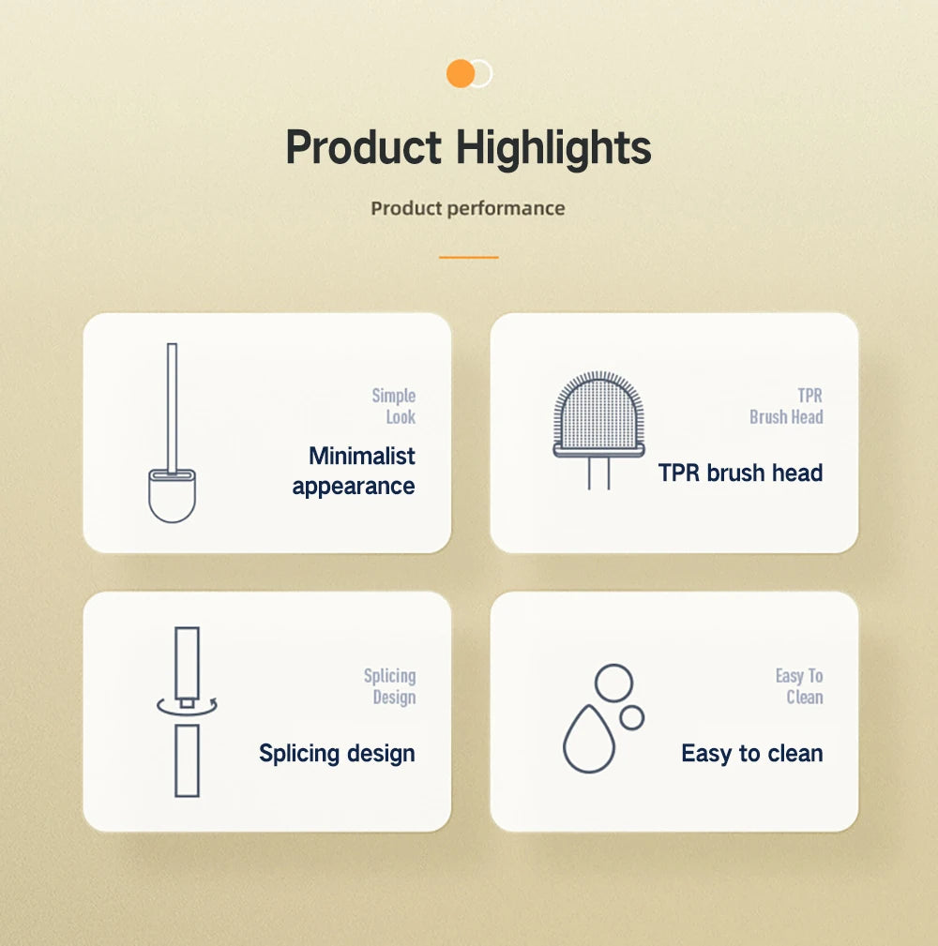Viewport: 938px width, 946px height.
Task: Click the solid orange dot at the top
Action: click(460, 73)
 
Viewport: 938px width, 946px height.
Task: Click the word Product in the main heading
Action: click(363, 148)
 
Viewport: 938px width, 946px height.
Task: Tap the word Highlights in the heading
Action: click(553, 148)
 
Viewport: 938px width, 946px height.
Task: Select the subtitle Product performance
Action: click(468, 208)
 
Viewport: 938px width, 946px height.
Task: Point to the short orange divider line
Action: click(468, 257)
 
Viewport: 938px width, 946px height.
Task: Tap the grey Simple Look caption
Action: click(394, 406)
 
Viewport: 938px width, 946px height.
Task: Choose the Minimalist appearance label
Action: click(354, 471)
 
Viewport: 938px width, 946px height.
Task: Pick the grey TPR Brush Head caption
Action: click(787, 406)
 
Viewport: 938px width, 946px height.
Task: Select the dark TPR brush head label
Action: click(740, 473)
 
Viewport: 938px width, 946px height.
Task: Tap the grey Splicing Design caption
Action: click(390, 686)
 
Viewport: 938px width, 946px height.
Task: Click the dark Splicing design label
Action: click(337, 753)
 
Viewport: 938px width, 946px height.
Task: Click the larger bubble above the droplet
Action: click(613, 682)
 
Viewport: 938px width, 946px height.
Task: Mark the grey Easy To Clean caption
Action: click(800, 686)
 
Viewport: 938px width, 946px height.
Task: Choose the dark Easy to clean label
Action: click(751, 753)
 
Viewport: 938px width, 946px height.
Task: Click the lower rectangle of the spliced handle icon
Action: click(187, 760)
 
